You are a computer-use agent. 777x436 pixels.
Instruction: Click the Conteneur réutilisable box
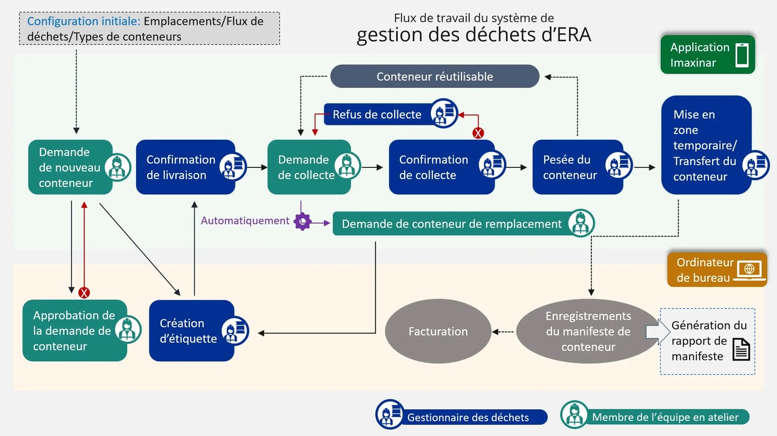[x=434, y=77]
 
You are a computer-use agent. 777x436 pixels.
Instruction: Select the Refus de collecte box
[x=377, y=115]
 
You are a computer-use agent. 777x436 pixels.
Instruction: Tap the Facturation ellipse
[x=437, y=331]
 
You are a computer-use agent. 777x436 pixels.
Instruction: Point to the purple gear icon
[x=302, y=221]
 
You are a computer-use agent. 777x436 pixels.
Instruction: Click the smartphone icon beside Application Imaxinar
[x=741, y=55]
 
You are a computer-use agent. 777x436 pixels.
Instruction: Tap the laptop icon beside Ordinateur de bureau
[x=749, y=270]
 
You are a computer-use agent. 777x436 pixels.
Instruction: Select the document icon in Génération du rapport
[x=741, y=349]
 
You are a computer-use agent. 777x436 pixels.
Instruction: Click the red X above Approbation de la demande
[x=84, y=293]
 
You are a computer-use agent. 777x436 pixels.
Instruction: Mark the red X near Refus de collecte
[x=478, y=133]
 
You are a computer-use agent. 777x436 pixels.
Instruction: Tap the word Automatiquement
[x=245, y=221]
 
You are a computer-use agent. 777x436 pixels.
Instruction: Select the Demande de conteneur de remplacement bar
[x=452, y=224]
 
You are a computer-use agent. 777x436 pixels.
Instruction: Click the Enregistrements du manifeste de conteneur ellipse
[x=588, y=331]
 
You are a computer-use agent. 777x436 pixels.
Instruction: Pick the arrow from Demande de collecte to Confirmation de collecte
[x=372, y=167]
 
